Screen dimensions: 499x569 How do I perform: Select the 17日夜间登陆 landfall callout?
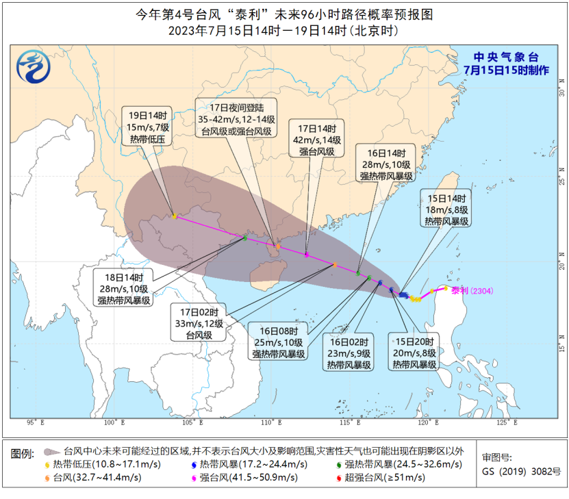236,118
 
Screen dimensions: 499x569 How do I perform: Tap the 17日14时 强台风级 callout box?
317,140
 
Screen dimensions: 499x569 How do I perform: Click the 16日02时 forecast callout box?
349,353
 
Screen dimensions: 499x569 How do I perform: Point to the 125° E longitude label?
505,422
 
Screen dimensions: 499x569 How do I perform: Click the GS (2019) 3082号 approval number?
521,471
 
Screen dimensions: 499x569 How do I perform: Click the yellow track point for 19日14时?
175,216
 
